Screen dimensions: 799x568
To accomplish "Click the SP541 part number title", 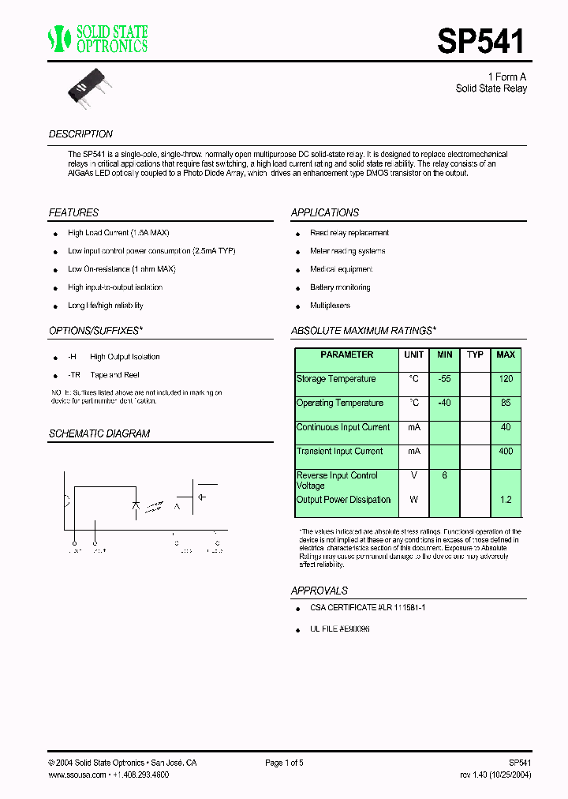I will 480,40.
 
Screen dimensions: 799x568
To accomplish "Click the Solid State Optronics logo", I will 98,39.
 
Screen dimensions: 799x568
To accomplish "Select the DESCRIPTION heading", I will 80,134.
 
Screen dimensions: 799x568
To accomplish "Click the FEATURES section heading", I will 73,213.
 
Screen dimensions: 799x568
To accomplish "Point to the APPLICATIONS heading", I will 324,213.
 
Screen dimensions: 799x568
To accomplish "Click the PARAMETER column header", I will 346,355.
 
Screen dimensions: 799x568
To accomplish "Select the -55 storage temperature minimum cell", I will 445,379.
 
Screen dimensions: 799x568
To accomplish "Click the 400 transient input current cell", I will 506,452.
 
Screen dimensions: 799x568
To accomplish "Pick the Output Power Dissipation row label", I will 343,500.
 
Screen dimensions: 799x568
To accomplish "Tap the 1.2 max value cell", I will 506,500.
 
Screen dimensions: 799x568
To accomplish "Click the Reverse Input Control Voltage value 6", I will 445,475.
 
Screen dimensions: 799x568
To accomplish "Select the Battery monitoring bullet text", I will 340,287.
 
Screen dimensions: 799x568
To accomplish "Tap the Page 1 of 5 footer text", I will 284,763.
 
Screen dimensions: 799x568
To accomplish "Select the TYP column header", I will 475,355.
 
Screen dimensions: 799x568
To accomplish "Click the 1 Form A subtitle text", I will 506,77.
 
